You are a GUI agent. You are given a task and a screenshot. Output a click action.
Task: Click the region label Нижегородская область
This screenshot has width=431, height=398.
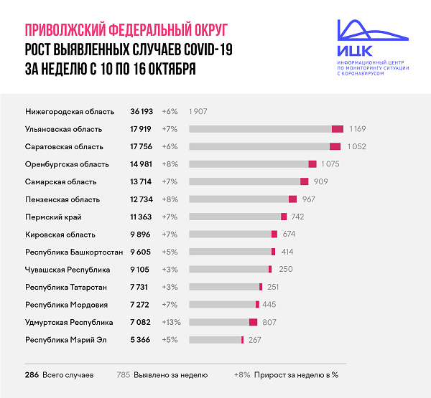coord(70,112)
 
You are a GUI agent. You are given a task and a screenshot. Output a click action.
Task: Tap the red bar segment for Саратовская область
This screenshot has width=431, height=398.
coord(335,147)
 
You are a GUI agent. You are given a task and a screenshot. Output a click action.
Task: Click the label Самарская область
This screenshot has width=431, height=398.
coord(60,182)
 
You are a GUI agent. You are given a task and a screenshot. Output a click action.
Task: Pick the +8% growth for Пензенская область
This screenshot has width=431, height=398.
coord(170,199)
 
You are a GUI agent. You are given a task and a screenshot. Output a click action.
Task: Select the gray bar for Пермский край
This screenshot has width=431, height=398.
coord(235,217)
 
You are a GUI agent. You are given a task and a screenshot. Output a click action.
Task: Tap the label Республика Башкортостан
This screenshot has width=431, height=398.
coord(74,252)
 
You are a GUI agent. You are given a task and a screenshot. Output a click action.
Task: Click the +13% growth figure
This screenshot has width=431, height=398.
coord(172,322)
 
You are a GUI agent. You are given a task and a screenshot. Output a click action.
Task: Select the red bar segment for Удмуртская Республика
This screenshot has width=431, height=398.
coord(253,322)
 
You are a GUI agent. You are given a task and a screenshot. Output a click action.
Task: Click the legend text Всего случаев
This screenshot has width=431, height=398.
coord(68,374)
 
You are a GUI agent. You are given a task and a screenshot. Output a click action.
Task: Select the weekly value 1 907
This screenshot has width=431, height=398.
coord(199,112)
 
